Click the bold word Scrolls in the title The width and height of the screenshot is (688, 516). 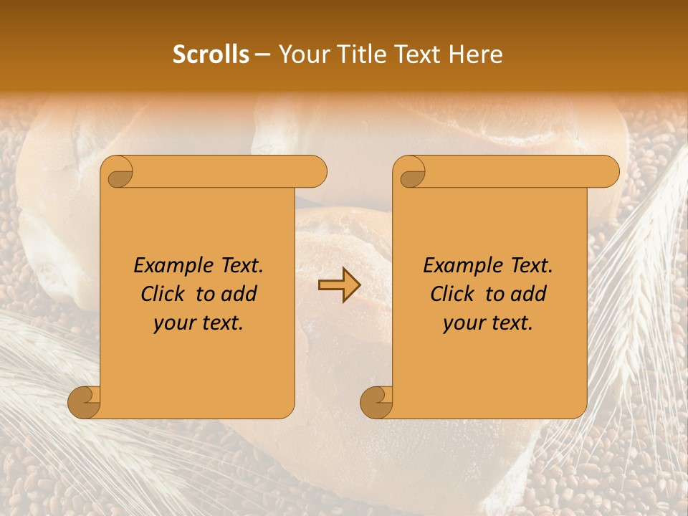211,54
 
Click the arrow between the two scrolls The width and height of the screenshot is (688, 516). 339,286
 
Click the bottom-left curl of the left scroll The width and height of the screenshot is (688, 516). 85,401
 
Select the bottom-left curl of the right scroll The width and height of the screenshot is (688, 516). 377,401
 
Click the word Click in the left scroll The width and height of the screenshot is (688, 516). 165,294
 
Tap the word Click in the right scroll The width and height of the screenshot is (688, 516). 454,294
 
